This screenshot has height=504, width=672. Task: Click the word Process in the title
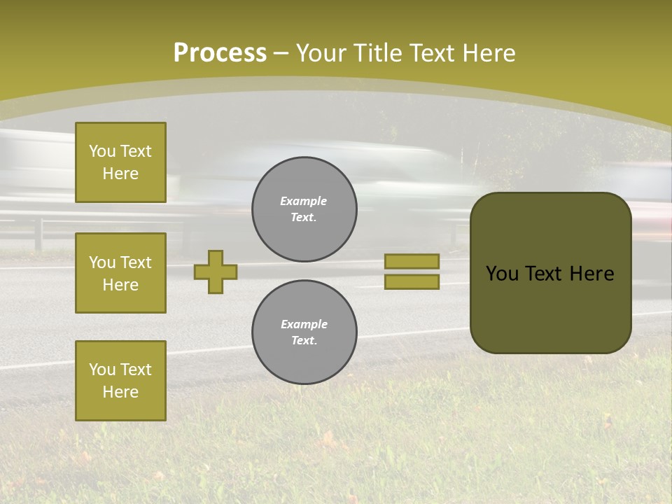point(220,53)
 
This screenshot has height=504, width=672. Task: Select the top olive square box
point(120,162)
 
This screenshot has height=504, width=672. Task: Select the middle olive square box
point(120,273)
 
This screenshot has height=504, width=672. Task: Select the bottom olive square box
point(120,381)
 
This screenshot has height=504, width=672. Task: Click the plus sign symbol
point(216,272)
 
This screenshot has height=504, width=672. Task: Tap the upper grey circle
point(304,209)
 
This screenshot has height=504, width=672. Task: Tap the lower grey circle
point(304,332)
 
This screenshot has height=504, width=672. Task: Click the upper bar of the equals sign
point(412,261)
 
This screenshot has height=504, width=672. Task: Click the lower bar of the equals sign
point(412,282)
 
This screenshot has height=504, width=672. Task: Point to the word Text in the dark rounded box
point(549,274)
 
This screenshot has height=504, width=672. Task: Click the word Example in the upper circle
point(304,201)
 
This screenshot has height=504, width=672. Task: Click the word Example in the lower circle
point(304,324)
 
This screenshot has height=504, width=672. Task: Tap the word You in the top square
point(102,151)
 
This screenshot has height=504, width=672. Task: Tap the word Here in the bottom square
point(120,392)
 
